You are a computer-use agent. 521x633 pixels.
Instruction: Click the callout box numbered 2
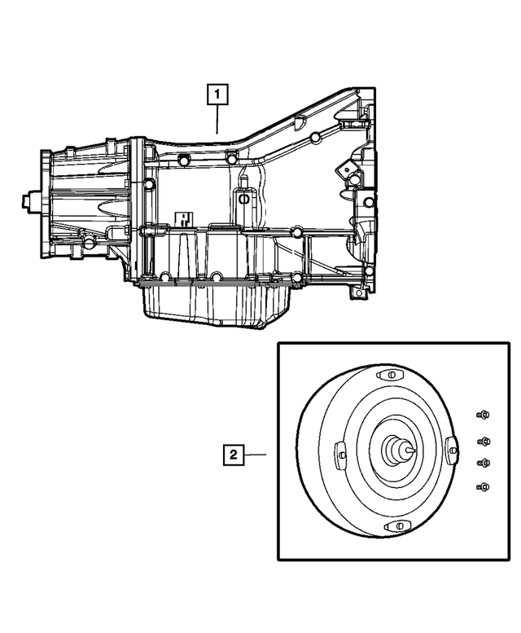pos(234,455)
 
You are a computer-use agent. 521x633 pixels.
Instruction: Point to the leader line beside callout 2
pos(257,455)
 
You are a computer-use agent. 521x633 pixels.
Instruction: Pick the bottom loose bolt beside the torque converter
pos(483,487)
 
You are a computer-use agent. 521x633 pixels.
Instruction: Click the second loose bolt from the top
pos(484,442)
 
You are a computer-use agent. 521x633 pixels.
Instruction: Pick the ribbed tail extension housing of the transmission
pos(85,196)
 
